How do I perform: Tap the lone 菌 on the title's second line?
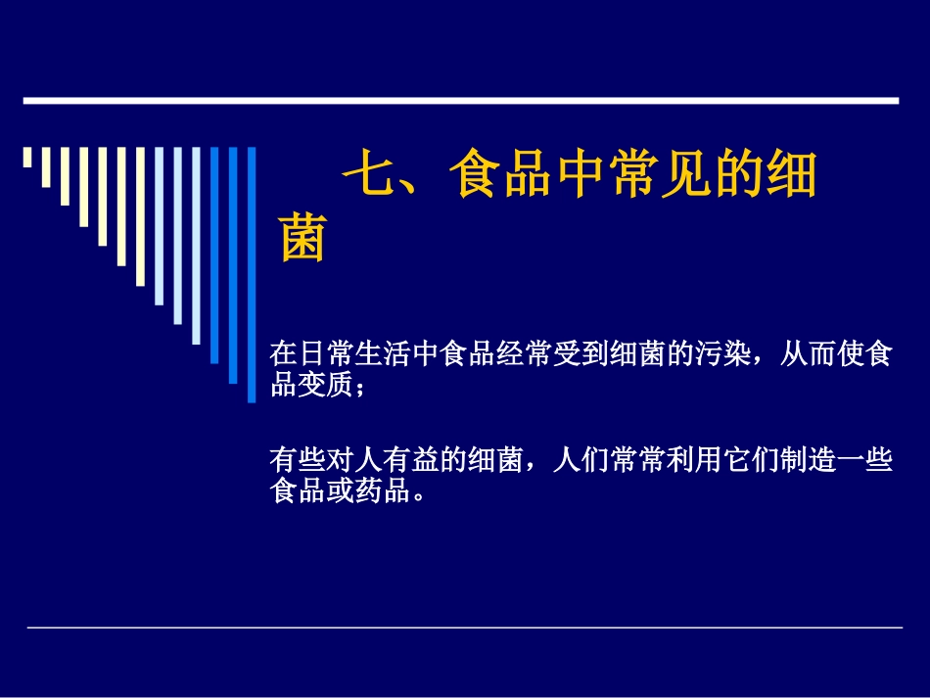302,239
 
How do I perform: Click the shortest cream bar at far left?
27,157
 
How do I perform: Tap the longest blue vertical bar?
252,274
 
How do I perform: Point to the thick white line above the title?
460,100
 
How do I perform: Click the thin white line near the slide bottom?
464,628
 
